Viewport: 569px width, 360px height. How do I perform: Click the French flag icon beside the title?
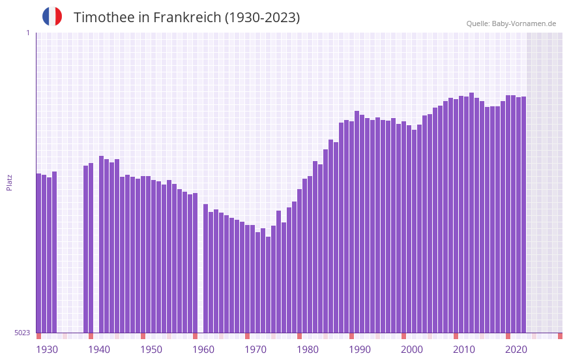pos(52,17)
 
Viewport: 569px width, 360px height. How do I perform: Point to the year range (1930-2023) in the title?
pos(262,18)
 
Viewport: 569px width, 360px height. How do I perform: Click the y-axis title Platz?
pos(9,182)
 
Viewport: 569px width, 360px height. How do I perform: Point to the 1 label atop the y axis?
pos(27,33)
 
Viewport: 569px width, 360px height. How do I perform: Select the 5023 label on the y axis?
pos(22,333)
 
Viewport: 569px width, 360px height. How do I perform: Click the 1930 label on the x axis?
pos(47,350)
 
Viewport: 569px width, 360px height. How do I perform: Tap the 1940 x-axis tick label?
pos(99,350)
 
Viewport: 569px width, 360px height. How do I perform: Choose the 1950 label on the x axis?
pos(151,350)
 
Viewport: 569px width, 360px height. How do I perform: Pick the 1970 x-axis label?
pos(255,350)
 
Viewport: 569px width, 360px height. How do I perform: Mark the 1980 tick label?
pos(308,350)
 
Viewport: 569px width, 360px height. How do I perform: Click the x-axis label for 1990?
pos(360,350)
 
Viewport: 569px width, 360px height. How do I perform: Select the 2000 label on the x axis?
pos(412,350)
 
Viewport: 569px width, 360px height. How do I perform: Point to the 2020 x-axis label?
pos(516,350)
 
